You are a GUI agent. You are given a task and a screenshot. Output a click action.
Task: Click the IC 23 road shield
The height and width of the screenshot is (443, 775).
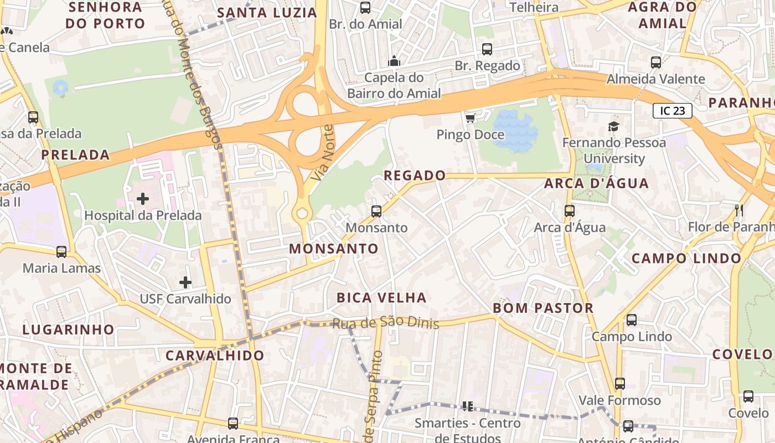coord(673,111)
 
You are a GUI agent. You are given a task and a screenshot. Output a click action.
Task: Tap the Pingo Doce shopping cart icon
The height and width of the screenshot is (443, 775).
coord(471,118)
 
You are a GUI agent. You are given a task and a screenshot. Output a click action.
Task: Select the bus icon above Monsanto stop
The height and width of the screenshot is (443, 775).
coord(376,211)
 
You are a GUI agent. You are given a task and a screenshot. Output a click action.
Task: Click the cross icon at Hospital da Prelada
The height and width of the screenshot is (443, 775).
coord(143,198)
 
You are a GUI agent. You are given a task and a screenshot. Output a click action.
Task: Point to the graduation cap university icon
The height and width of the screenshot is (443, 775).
coord(613,126)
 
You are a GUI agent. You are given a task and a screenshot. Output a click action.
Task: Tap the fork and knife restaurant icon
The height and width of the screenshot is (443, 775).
coord(738,210)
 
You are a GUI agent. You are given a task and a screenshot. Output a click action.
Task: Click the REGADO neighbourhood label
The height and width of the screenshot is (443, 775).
coord(415,176)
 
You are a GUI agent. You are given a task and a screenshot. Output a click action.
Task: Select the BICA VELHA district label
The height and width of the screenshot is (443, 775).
coord(381,297)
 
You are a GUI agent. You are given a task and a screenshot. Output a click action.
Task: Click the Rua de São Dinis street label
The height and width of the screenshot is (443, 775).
coord(385,322)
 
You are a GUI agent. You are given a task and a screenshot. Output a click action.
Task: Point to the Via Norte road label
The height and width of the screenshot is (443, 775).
coord(322,153)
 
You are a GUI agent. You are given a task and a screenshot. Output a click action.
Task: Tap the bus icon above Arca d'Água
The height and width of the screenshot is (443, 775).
coord(570,211)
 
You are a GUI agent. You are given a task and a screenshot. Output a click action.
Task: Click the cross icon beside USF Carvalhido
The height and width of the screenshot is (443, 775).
coord(185,282)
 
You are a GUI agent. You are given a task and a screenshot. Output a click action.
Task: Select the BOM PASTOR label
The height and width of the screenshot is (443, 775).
coord(542,308)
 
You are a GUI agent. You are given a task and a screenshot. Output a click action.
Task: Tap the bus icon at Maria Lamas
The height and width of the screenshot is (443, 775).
coord(61,252)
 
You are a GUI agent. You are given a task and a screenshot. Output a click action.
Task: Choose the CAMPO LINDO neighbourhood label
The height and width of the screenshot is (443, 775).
coord(686,258)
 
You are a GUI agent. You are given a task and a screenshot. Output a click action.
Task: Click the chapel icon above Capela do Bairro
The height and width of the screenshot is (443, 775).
coord(394,61)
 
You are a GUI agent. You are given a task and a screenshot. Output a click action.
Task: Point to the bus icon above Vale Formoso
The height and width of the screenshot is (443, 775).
coord(620,384)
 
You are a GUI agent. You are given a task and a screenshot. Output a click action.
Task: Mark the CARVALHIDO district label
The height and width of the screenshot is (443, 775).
coord(215,356)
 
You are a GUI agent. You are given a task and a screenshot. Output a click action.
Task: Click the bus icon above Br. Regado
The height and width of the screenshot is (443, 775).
coord(487,49)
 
